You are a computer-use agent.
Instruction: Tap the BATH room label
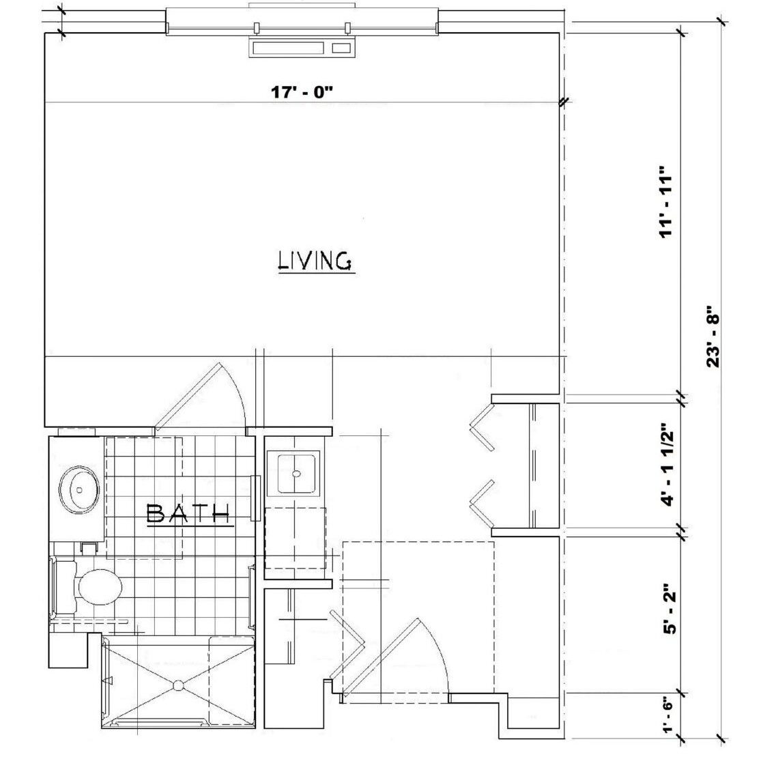coord(188,513)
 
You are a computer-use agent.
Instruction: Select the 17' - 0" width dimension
coord(302,91)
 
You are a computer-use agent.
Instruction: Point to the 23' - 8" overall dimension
coord(713,336)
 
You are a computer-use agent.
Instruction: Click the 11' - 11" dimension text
coord(667,201)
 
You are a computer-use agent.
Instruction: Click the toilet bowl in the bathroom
coord(100,587)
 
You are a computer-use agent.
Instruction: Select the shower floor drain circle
coord(178,685)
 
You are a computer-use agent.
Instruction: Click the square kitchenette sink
coord(293,473)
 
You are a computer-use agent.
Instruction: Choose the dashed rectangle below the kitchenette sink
coord(296,538)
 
